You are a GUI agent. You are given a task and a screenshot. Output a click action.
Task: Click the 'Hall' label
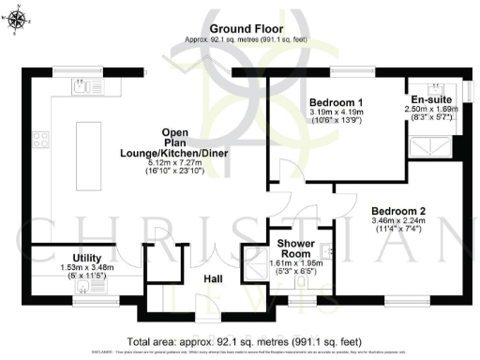(x=213, y=278)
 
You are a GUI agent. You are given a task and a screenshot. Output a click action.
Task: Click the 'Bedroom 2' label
(x=398, y=210)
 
